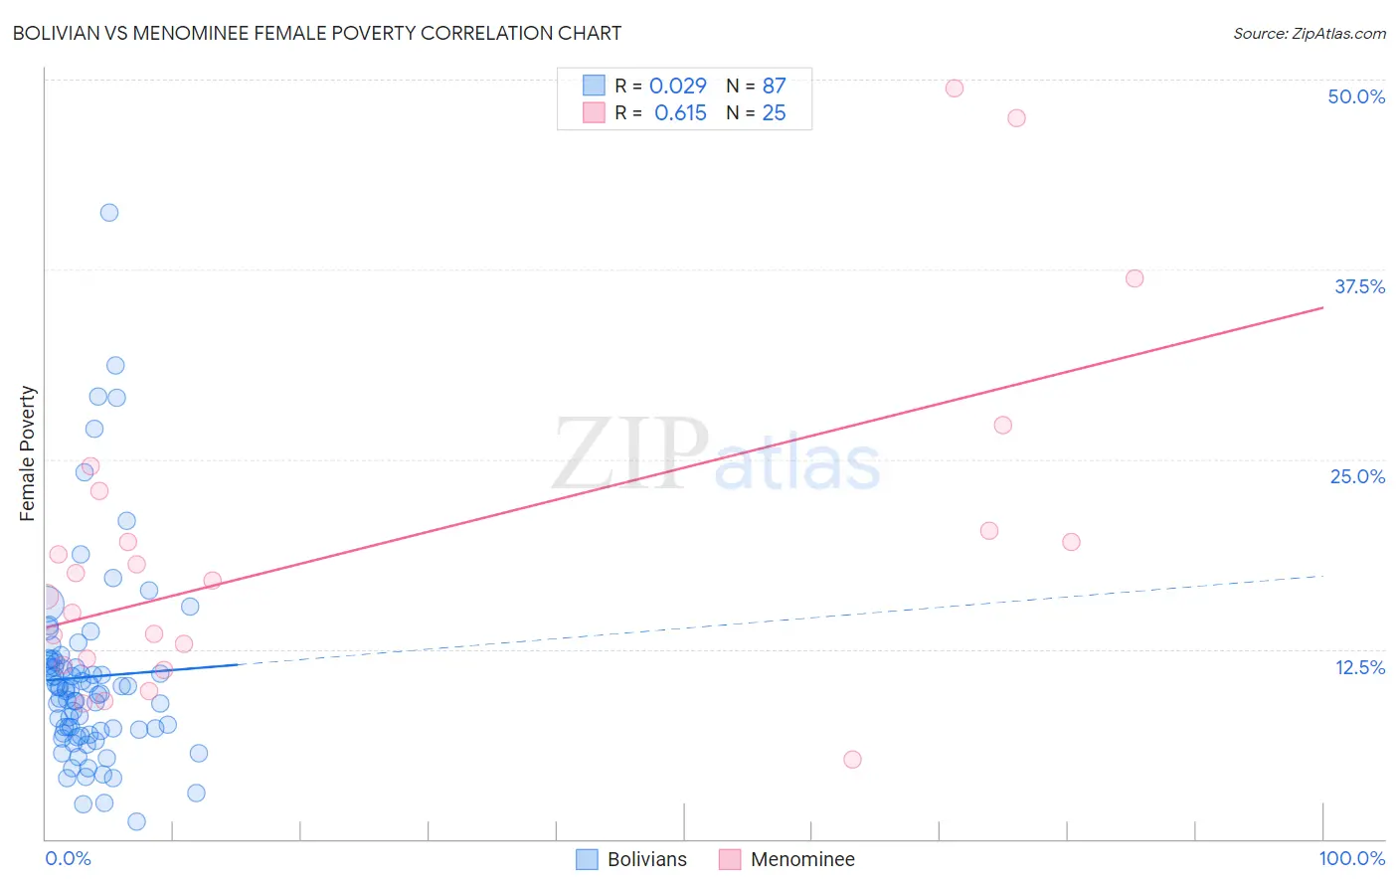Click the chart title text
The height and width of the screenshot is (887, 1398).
(x=317, y=33)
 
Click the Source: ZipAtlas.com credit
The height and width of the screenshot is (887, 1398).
(x=1309, y=33)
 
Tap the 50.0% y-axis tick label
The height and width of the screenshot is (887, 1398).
(x=1356, y=96)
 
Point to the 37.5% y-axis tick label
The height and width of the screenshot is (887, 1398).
(x=1359, y=286)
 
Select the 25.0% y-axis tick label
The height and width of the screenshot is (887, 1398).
(x=1357, y=476)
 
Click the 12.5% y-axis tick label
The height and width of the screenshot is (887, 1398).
(x=1359, y=667)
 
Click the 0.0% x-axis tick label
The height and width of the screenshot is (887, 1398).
(x=68, y=858)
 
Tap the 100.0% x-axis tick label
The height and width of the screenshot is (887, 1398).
(x=1351, y=858)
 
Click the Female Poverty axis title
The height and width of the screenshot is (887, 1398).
(x=28, y=453)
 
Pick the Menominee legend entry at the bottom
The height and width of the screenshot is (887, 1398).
(x=787, y=859)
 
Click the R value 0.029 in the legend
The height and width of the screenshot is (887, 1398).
(x=677, y=86)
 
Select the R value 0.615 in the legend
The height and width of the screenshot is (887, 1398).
(x=680, y=112)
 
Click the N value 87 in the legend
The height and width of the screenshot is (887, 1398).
(x=774, y=86)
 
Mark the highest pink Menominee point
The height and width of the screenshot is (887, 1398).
(x=955, y=88)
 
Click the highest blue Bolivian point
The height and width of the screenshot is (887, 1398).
(x=109, y=212)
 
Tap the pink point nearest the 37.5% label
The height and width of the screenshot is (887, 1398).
(x=1135, y=278)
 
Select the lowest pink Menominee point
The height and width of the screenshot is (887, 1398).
(x=852, y=760)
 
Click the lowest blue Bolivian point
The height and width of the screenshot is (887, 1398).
(x=137, y=821)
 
